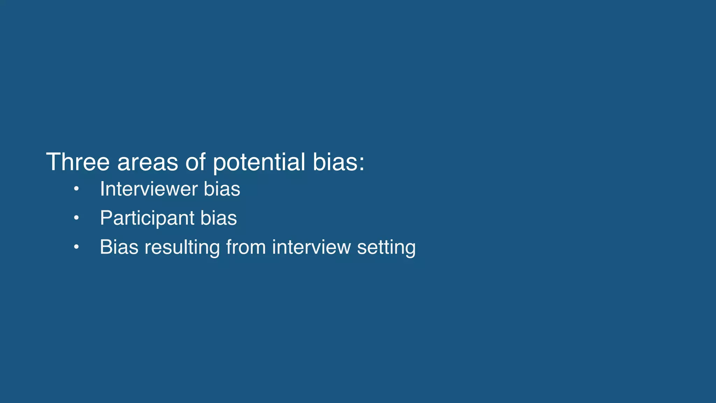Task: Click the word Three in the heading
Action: click(x=78, y=162)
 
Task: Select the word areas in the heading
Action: click(x=147, y=163)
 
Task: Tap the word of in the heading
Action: click(x=195, y=162)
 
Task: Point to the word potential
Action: click(x=259, y=163)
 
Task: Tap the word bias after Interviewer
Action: click(x=222, y=189)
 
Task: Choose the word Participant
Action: click(x=147, y=218)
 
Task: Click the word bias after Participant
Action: click(x=219, y=218)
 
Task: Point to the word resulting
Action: click(x=182, y=248)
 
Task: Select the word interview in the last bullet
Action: click(x=311, y=247)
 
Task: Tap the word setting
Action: click(x=386, y=248)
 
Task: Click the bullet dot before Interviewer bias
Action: click(x=76, y=190)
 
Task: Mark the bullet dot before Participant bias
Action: click(x=76, y=219)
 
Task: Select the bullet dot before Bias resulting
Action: click(x=76, y=248)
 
